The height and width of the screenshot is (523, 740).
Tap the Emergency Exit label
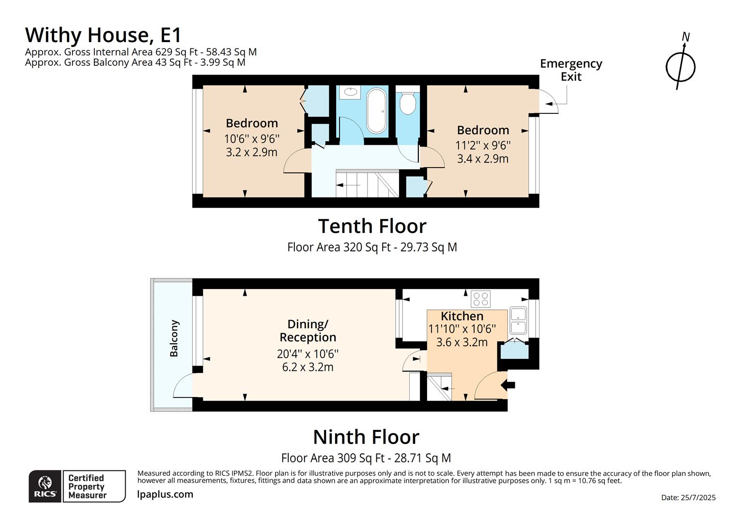click(x=570, y=70)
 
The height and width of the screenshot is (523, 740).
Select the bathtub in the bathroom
click(x=376, y=111)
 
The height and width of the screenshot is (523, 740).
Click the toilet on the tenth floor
click(x=408, y=103)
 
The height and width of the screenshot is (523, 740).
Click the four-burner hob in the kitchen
click(x=480, y=299)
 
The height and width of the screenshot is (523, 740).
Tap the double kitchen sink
click(x=518, y=321)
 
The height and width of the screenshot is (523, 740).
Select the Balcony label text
click(x=174, y=338)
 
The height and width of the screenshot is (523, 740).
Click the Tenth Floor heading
click(x=372, y=226)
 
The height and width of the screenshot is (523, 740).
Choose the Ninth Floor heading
click(x=366, y=437)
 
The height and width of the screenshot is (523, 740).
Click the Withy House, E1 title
click(x=103, y=35)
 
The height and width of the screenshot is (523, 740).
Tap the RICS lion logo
click(x=45, y=486)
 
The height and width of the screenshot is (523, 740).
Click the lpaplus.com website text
click(x=165, y=494)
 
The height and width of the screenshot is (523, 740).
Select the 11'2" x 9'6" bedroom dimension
click(x=483, y=145)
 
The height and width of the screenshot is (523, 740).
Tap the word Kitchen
click(x=462, y=316)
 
